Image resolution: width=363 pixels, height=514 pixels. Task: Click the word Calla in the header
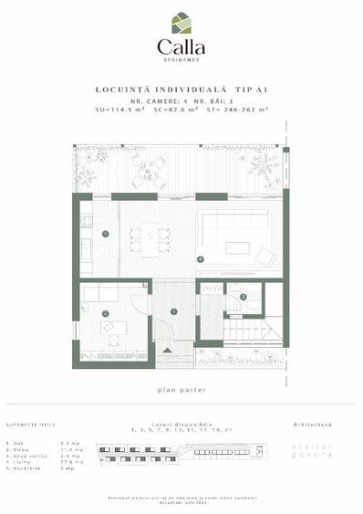(181, 47)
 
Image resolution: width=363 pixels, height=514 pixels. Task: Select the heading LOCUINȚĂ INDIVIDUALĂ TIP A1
(181, 89)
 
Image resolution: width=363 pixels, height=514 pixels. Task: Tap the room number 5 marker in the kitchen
(106, 235)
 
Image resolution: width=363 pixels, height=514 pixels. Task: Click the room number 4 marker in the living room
(201, 259)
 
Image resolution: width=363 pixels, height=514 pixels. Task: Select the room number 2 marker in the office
(106, 314)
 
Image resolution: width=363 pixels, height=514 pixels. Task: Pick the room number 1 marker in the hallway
(173, 312)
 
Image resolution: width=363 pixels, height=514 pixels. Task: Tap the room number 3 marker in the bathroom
(243, 298)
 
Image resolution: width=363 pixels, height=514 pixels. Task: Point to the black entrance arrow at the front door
(165, 351)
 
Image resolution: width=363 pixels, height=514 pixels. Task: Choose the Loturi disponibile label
(181, 425)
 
